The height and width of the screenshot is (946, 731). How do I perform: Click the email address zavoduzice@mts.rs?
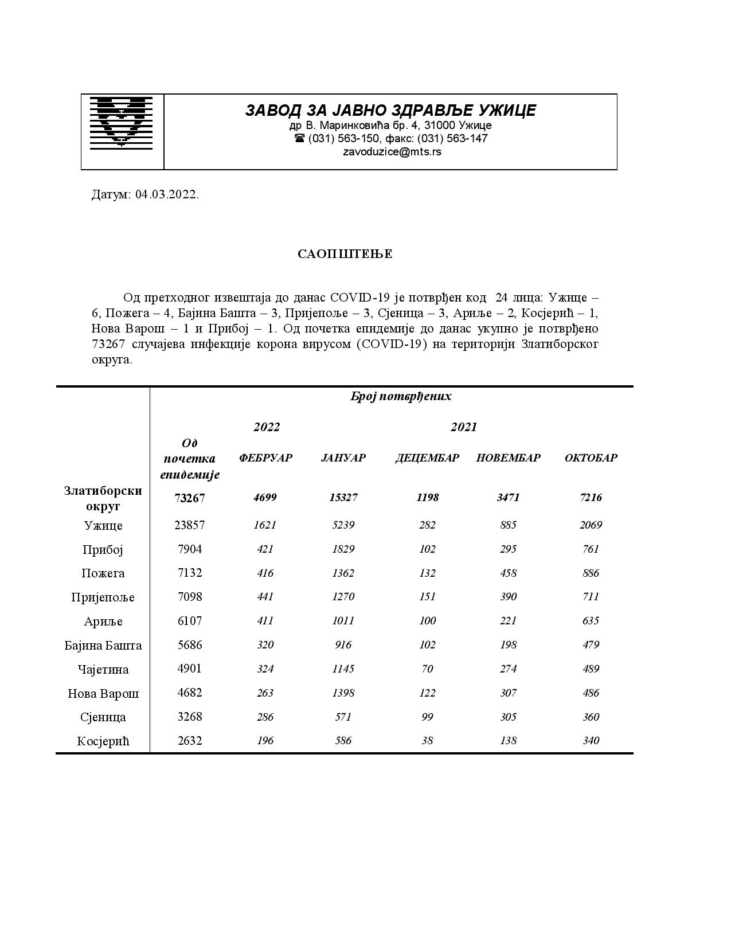(x=392, y=152)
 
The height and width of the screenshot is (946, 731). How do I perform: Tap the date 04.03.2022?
(x=167, y=194)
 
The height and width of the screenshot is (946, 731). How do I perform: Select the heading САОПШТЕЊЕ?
(x=345, y=254)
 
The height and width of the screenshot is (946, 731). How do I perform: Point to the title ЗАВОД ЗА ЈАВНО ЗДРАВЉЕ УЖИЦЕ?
(x=390, y=110)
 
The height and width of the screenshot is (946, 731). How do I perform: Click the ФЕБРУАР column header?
(x=265, y=458)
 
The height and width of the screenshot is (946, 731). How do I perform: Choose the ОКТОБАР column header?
(x=591, y=458)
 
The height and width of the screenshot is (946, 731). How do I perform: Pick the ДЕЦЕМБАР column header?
(x=427, y=458)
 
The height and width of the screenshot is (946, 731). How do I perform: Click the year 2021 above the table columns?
(x=463, y=427)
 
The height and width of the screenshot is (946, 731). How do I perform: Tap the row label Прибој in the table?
(x=103, y=550)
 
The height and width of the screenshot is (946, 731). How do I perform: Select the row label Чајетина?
(x=103, y=670)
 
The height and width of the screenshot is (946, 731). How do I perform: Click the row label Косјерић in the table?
(x=103, y=741)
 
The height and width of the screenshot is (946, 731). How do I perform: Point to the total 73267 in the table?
(x=190, y=498)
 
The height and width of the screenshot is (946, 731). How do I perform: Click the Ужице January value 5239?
(x=343, y=525)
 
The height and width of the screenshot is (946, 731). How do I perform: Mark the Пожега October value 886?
(x=591, y=573)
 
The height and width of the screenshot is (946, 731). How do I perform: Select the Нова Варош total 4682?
(x=190, y=693)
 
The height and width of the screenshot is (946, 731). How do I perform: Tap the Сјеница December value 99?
(x=427, y=717)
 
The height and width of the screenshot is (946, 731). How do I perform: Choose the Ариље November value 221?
(x=508, y=621)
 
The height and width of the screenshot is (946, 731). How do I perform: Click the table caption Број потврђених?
(x=401, y=397)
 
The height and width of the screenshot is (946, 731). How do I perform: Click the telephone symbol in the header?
(x=299, y=139)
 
